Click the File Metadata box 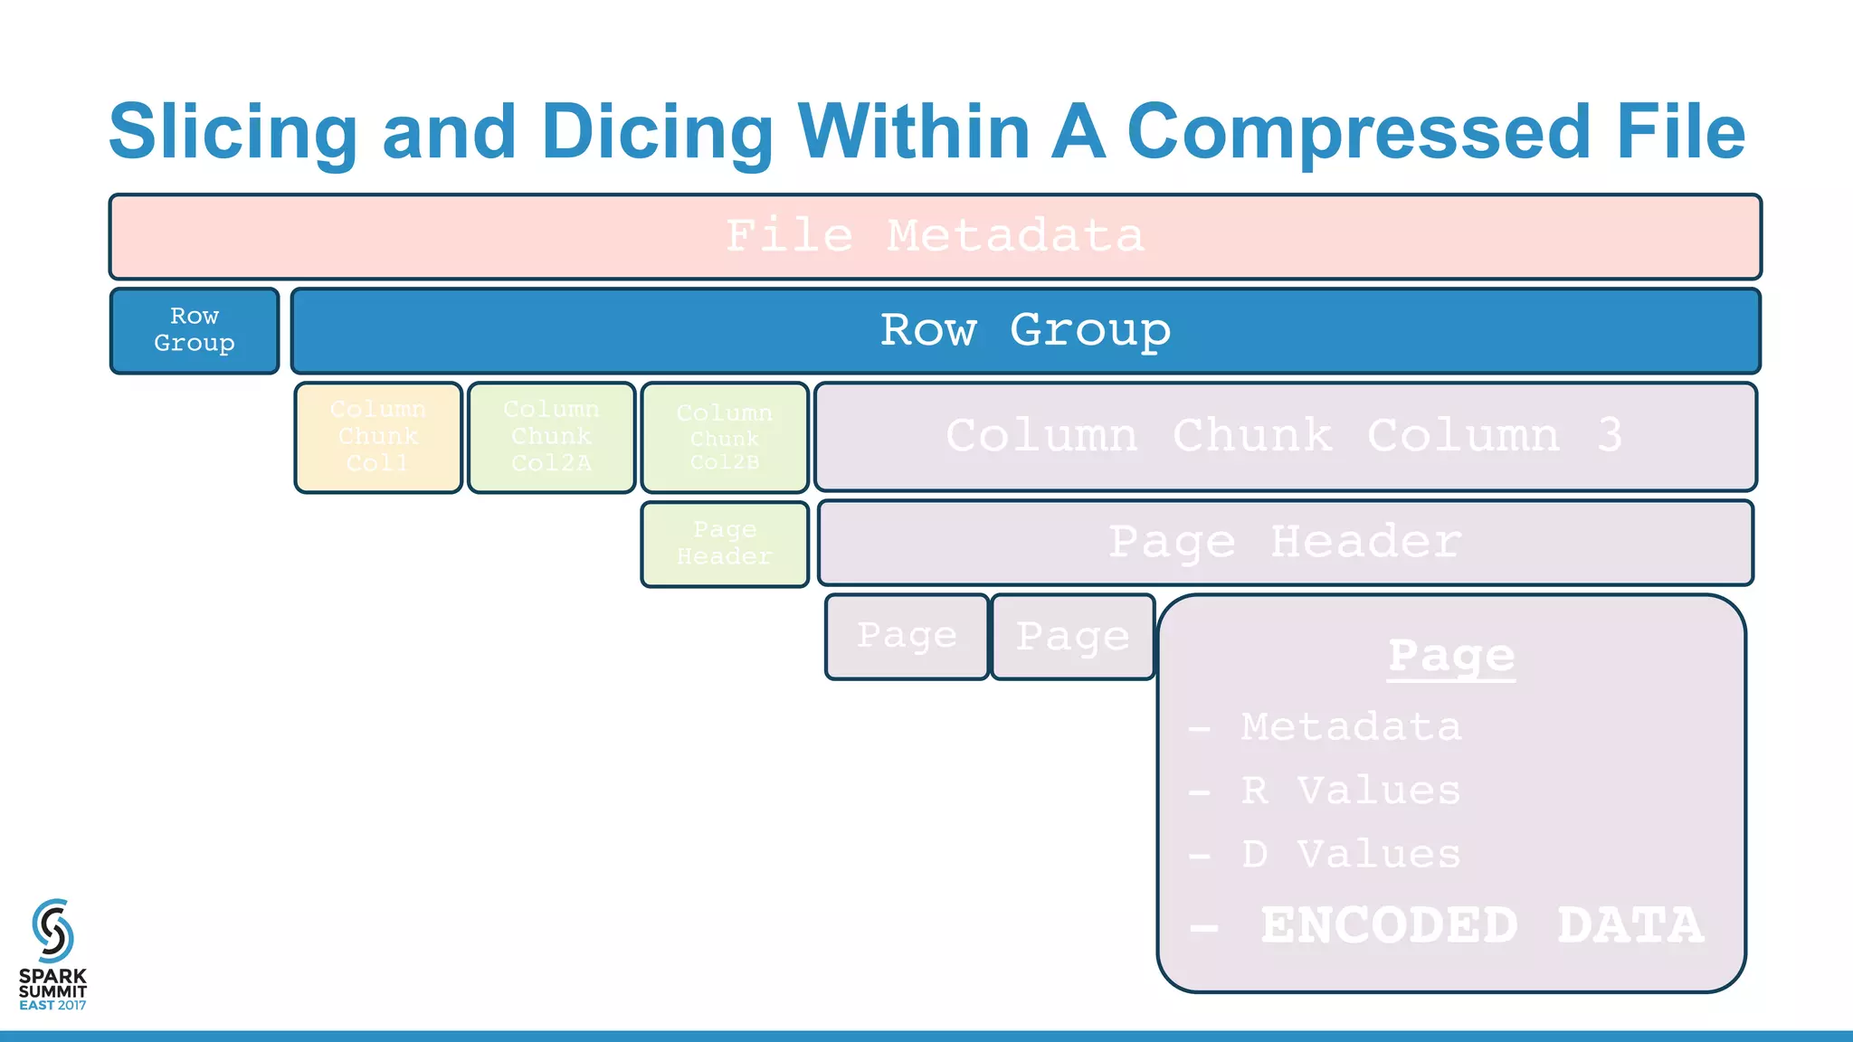tap(935, 237)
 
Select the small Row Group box tap(195, 330)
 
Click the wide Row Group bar tap(1025, 330)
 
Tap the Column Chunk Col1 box tap(378, 438)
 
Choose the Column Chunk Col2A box tap(551, 438)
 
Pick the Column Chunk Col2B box tap(725, 438)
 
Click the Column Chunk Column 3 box tap(1285, 437)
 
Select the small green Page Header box tap(725, 544)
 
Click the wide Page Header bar tap(1285, 543)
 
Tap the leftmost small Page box tap(907, 637)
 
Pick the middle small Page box tap(1073, 637)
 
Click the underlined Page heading tap(1451, 656)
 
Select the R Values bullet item tap(1350, 791)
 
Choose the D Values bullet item tap(1350, 855)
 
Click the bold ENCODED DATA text tap(1481, 925)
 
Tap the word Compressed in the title tap(1358, 131)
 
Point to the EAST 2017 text tap(52, 1006)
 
